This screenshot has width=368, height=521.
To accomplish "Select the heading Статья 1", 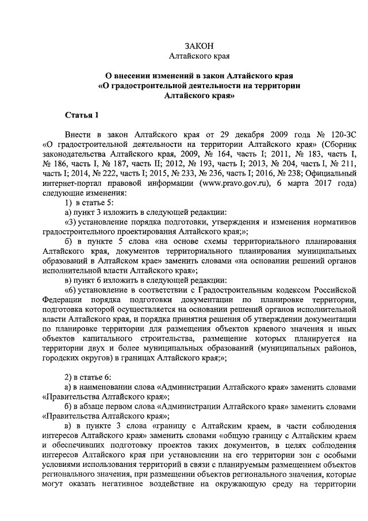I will (82, 116).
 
